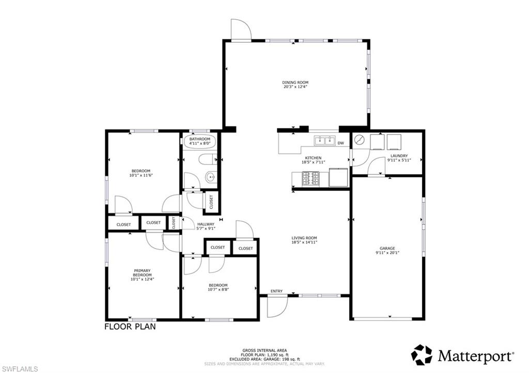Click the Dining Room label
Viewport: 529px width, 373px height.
point(295,83)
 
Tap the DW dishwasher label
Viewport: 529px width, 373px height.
point(340,143)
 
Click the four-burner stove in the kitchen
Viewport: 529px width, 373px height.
point(310,178)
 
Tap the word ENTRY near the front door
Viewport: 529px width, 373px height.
point(276,291)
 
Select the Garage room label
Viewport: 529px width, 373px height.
point(387,248)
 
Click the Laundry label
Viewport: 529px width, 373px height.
point(399,156)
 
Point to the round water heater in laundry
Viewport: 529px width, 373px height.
point(360,140)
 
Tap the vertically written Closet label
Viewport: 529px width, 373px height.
point(174,222)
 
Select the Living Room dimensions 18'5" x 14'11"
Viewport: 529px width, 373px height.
point(304,242)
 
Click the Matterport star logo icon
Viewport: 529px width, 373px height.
point(422,355)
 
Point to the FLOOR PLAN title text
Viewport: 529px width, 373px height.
point(130,327)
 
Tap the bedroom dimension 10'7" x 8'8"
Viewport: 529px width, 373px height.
point(218,289)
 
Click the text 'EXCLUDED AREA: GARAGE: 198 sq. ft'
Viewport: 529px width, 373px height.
point(264,359)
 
